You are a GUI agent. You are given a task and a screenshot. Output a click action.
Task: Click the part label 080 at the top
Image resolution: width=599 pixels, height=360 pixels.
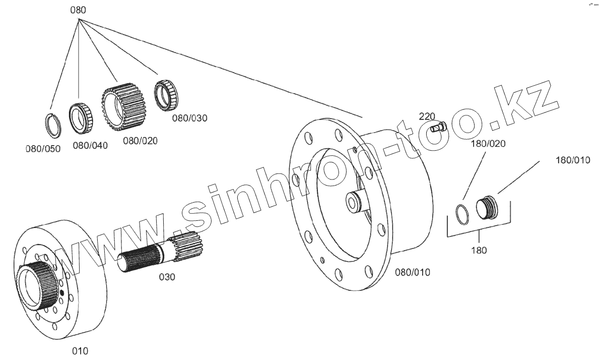tap(78, 10)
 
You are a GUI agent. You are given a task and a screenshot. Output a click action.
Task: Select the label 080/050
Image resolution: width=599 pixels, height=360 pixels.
tap(42, 149)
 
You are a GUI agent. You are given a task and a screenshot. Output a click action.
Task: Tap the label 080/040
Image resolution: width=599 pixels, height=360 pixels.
tap(90, 146)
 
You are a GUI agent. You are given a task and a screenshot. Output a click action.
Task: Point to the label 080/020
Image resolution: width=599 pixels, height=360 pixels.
tap(140, 141)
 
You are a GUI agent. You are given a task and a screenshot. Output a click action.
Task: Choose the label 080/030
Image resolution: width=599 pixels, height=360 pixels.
tap(190, 118)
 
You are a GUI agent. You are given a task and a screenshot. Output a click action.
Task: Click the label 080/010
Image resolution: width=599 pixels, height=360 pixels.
tap(413, 272)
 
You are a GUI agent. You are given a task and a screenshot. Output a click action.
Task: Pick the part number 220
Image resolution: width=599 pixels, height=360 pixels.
tap(427, 116)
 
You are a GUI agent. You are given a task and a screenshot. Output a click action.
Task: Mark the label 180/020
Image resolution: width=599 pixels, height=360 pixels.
tap(488, 143)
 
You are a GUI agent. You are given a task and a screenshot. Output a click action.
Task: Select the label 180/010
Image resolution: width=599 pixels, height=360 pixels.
tap(572, 160)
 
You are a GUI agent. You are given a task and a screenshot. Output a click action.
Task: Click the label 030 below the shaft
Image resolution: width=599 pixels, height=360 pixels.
tap(167, 277)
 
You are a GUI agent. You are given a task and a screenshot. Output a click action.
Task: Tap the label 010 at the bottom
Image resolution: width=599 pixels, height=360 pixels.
tap(80, 350)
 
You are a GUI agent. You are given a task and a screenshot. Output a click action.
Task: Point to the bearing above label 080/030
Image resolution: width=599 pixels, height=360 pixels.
tap(165, 95)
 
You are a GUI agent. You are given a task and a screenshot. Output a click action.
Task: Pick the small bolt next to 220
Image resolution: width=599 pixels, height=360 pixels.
tap(439, 127)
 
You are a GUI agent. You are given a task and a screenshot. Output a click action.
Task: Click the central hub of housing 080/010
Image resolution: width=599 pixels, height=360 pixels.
tap(355, 202)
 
